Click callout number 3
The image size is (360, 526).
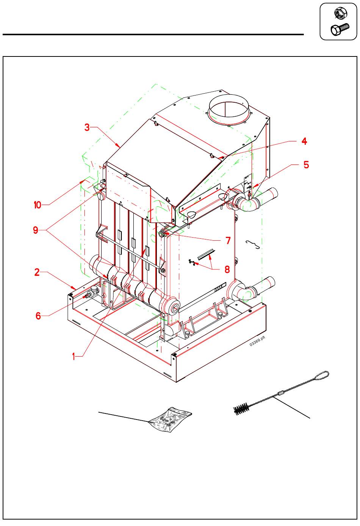pos(87,127)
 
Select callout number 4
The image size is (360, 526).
pos(304,141)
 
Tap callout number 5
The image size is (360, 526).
pos(306,164)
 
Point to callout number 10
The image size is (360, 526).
pos(37,205)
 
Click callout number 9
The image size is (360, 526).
pos(36,230)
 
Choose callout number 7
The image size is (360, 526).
pos(228,240)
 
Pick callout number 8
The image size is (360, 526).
pos(227,269)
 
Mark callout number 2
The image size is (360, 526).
pos(37,272)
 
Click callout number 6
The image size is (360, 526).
pos(38,315)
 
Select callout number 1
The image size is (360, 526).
pos(75,356)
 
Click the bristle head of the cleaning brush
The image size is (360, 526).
pos(241,409)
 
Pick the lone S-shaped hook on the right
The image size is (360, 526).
pos(253,244)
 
